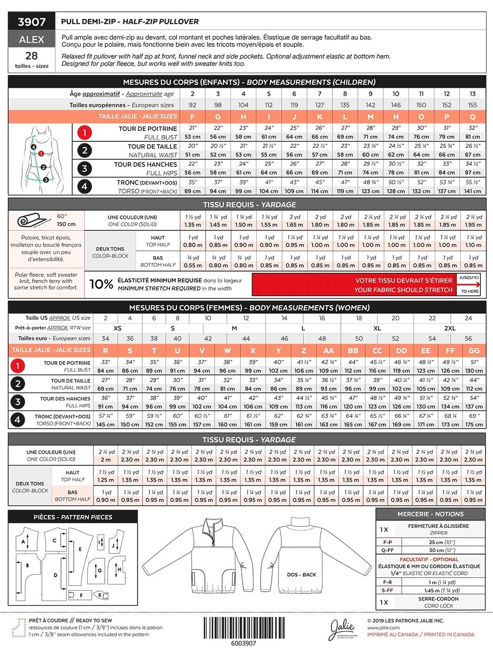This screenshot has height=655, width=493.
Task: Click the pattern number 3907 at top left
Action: (31, 22)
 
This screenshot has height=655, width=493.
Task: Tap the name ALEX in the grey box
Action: (31, 39)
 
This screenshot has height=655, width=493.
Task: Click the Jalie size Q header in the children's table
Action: (472, 116)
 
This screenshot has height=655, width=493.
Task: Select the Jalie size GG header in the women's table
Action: (474, 350)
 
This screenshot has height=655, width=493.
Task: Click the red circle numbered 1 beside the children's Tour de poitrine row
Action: (85, 132)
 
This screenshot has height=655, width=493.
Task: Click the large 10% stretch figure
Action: (101, 284)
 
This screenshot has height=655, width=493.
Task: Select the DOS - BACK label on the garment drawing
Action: (302, 575)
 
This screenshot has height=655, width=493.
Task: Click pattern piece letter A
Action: (23, 541)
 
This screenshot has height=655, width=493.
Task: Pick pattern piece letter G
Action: (100, 570)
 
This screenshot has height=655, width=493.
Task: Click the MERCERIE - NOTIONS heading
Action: (430, 514)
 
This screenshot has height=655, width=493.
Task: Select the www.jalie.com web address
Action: (383, 627)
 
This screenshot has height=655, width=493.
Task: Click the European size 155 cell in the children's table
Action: (472, 105)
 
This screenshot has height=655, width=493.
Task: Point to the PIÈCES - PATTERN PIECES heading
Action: (73, 517)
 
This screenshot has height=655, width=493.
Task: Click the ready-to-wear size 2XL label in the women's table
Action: (450, 328)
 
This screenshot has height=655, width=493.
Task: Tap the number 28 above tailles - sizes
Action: (31, 56)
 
